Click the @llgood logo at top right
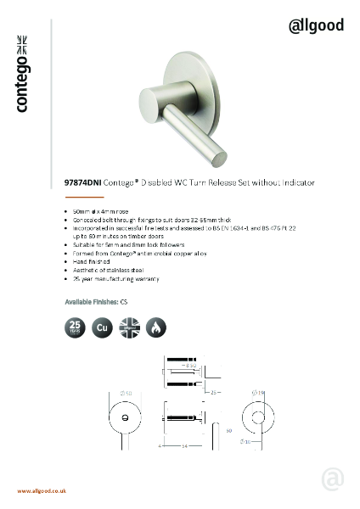(317, 25)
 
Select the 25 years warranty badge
(75, 327)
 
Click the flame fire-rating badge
(156, 327)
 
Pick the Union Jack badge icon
(129, 327)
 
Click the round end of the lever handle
(216, 157)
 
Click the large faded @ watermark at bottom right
(332, 479)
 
